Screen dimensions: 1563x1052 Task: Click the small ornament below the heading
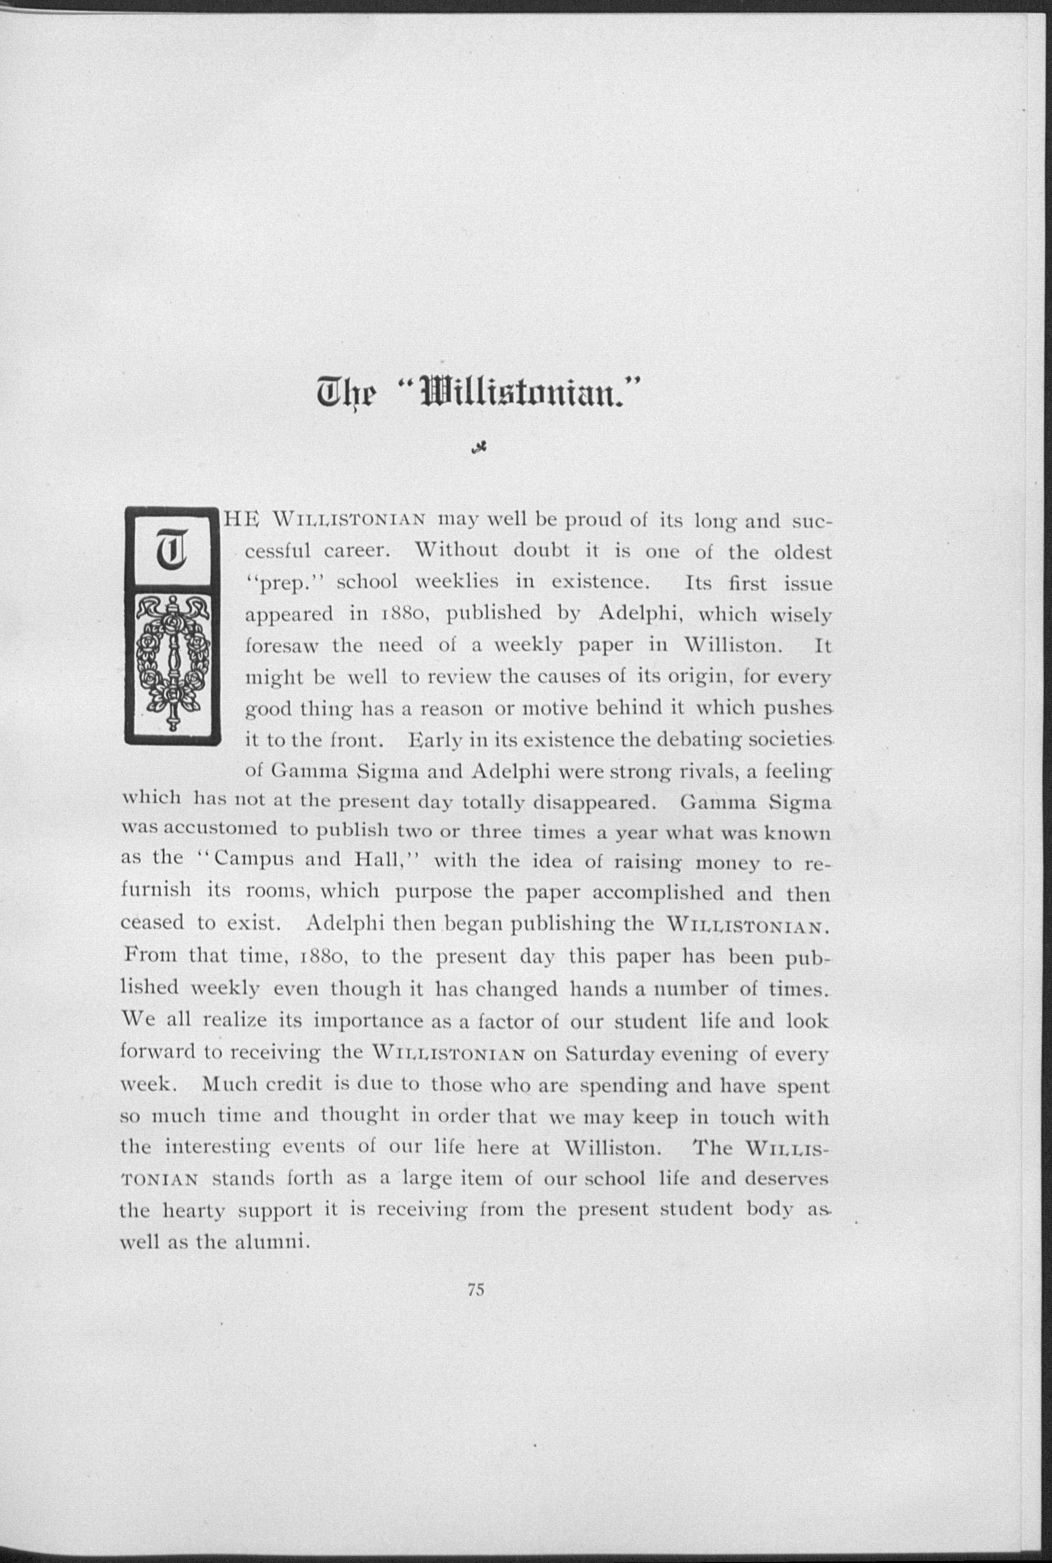[479, 449]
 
